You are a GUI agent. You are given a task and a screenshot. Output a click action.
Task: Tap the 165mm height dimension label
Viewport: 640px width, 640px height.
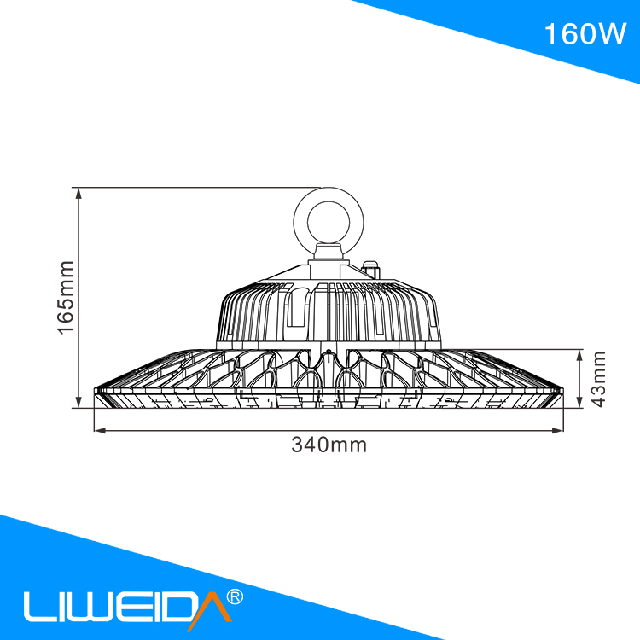[66, 298]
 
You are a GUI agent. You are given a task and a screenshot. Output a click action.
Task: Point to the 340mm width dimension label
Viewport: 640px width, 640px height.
[329, 445]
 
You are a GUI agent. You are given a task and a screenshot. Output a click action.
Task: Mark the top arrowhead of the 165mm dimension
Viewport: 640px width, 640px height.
[79, 193]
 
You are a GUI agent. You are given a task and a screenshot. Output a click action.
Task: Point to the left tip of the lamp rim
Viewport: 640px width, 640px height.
[96, 393]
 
